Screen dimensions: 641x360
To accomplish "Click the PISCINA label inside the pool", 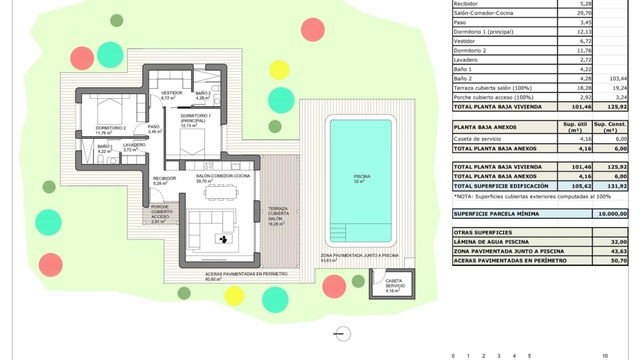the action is pos(362,177).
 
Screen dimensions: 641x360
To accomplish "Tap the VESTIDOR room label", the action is pos(172,93).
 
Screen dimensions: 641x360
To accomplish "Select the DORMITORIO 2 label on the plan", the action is pos(111,128).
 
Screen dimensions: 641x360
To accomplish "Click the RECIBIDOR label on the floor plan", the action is pos(165,179).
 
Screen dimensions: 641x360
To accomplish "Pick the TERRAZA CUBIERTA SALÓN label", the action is pos(278,214).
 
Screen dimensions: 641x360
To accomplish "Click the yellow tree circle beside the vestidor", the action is pos(279,69).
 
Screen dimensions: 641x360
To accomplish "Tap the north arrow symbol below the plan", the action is pos(342,334).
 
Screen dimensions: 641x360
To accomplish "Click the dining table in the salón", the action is pos(221,192).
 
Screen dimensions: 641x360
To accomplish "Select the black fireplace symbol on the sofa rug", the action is pos(223,239).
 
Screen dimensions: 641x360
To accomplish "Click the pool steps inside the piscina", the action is pos(338,232).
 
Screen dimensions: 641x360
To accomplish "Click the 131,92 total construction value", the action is pos(617,185).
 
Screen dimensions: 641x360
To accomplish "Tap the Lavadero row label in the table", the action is pos(465,60).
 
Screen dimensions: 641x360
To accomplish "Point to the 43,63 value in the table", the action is pos(619,251).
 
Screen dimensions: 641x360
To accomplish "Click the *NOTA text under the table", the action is pos(532,196).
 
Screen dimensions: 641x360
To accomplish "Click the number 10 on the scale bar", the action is pos(605,356).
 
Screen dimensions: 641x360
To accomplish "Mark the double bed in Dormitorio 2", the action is pos(110,110).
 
